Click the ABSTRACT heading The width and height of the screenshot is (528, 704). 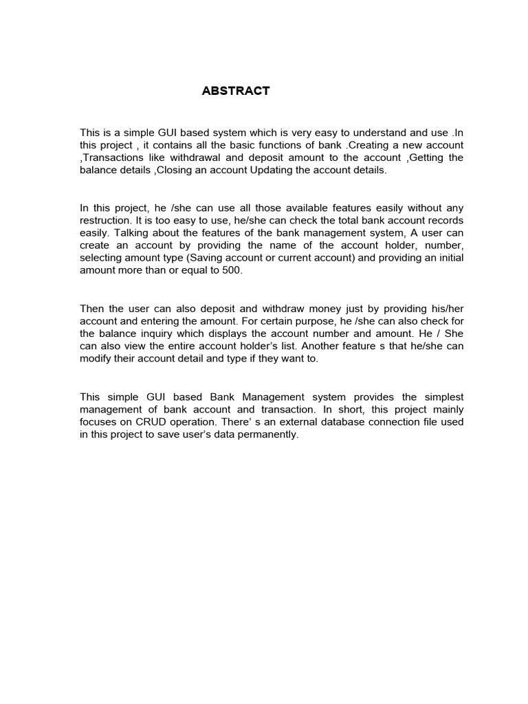pos(236,91)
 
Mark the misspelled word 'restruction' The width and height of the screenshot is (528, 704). pos(105,221)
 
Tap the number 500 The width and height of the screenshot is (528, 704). pos(232,270)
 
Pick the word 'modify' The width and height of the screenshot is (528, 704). pos(96,359)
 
